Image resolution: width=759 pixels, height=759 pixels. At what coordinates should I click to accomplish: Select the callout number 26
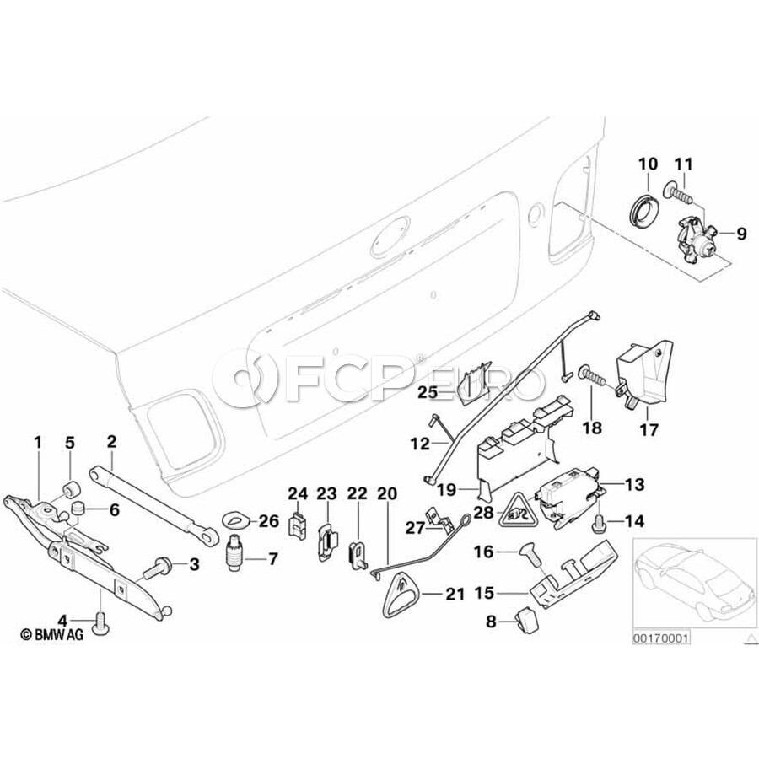pos(268,521)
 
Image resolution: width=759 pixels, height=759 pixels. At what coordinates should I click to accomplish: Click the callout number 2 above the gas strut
pos(110,440)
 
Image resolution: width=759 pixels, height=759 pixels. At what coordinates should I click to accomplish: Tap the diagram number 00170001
pos(661,638)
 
